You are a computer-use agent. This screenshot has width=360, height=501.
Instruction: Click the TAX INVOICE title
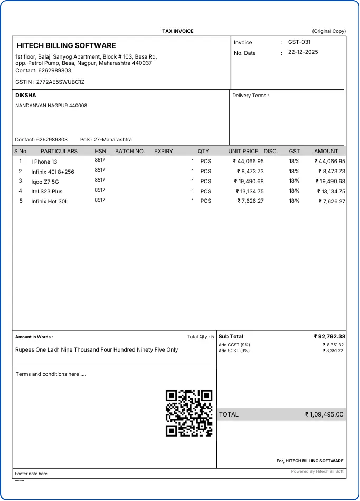click(178, 31)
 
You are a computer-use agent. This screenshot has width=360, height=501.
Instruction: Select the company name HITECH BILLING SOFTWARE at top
click(66, 45)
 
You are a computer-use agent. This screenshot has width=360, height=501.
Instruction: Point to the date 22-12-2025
click(303, 52)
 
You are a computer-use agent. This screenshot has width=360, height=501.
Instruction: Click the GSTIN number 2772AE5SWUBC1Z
click(60, 82)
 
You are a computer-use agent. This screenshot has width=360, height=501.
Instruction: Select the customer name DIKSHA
click(26, 95)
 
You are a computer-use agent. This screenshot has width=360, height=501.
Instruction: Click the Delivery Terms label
click(250, 96)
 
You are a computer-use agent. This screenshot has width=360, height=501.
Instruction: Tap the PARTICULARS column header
click(59, 151)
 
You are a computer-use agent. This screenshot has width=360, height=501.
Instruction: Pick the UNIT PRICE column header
click(243, 151)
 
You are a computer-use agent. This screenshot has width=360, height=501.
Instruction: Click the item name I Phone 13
click(44, 162)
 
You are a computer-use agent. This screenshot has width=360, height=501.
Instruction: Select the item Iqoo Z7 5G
click(45, 181)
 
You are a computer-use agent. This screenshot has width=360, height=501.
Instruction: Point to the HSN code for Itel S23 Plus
click(100, 190)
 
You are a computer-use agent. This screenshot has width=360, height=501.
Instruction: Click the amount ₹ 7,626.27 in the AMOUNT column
click(331, 201)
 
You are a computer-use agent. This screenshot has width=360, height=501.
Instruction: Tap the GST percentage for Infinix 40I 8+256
click(294, 171)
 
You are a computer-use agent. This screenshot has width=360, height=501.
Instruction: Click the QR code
click(189, 413)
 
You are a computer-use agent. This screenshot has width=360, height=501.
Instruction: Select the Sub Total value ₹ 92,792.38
click(329, 336)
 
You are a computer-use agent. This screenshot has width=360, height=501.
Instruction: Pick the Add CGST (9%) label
click(234, 345)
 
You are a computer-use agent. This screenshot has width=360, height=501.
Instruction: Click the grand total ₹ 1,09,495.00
click(324, 414)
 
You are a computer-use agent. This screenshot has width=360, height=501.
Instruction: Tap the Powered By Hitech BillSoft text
click(317, 471)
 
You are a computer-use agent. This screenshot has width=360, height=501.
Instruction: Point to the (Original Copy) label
click(329, 31)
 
